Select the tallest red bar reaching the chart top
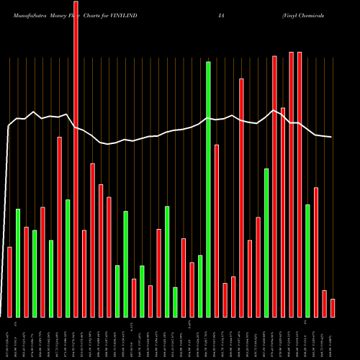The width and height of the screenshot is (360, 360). pos(76,158)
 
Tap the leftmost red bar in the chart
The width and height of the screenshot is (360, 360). pos(9,282)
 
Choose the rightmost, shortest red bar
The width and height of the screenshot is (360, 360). pos(333,308)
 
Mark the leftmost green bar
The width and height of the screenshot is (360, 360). pos(18,263)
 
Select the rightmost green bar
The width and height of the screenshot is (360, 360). pos(307,261)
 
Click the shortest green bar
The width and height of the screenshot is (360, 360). pos(175,302)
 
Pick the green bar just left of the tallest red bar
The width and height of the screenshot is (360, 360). pos(68,258)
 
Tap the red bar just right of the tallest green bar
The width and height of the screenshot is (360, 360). pos(217,230)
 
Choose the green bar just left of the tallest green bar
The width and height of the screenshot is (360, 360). pos(200,286)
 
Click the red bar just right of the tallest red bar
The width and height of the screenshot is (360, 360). pos(84,274)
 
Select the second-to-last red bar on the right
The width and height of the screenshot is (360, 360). pos(324,303)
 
